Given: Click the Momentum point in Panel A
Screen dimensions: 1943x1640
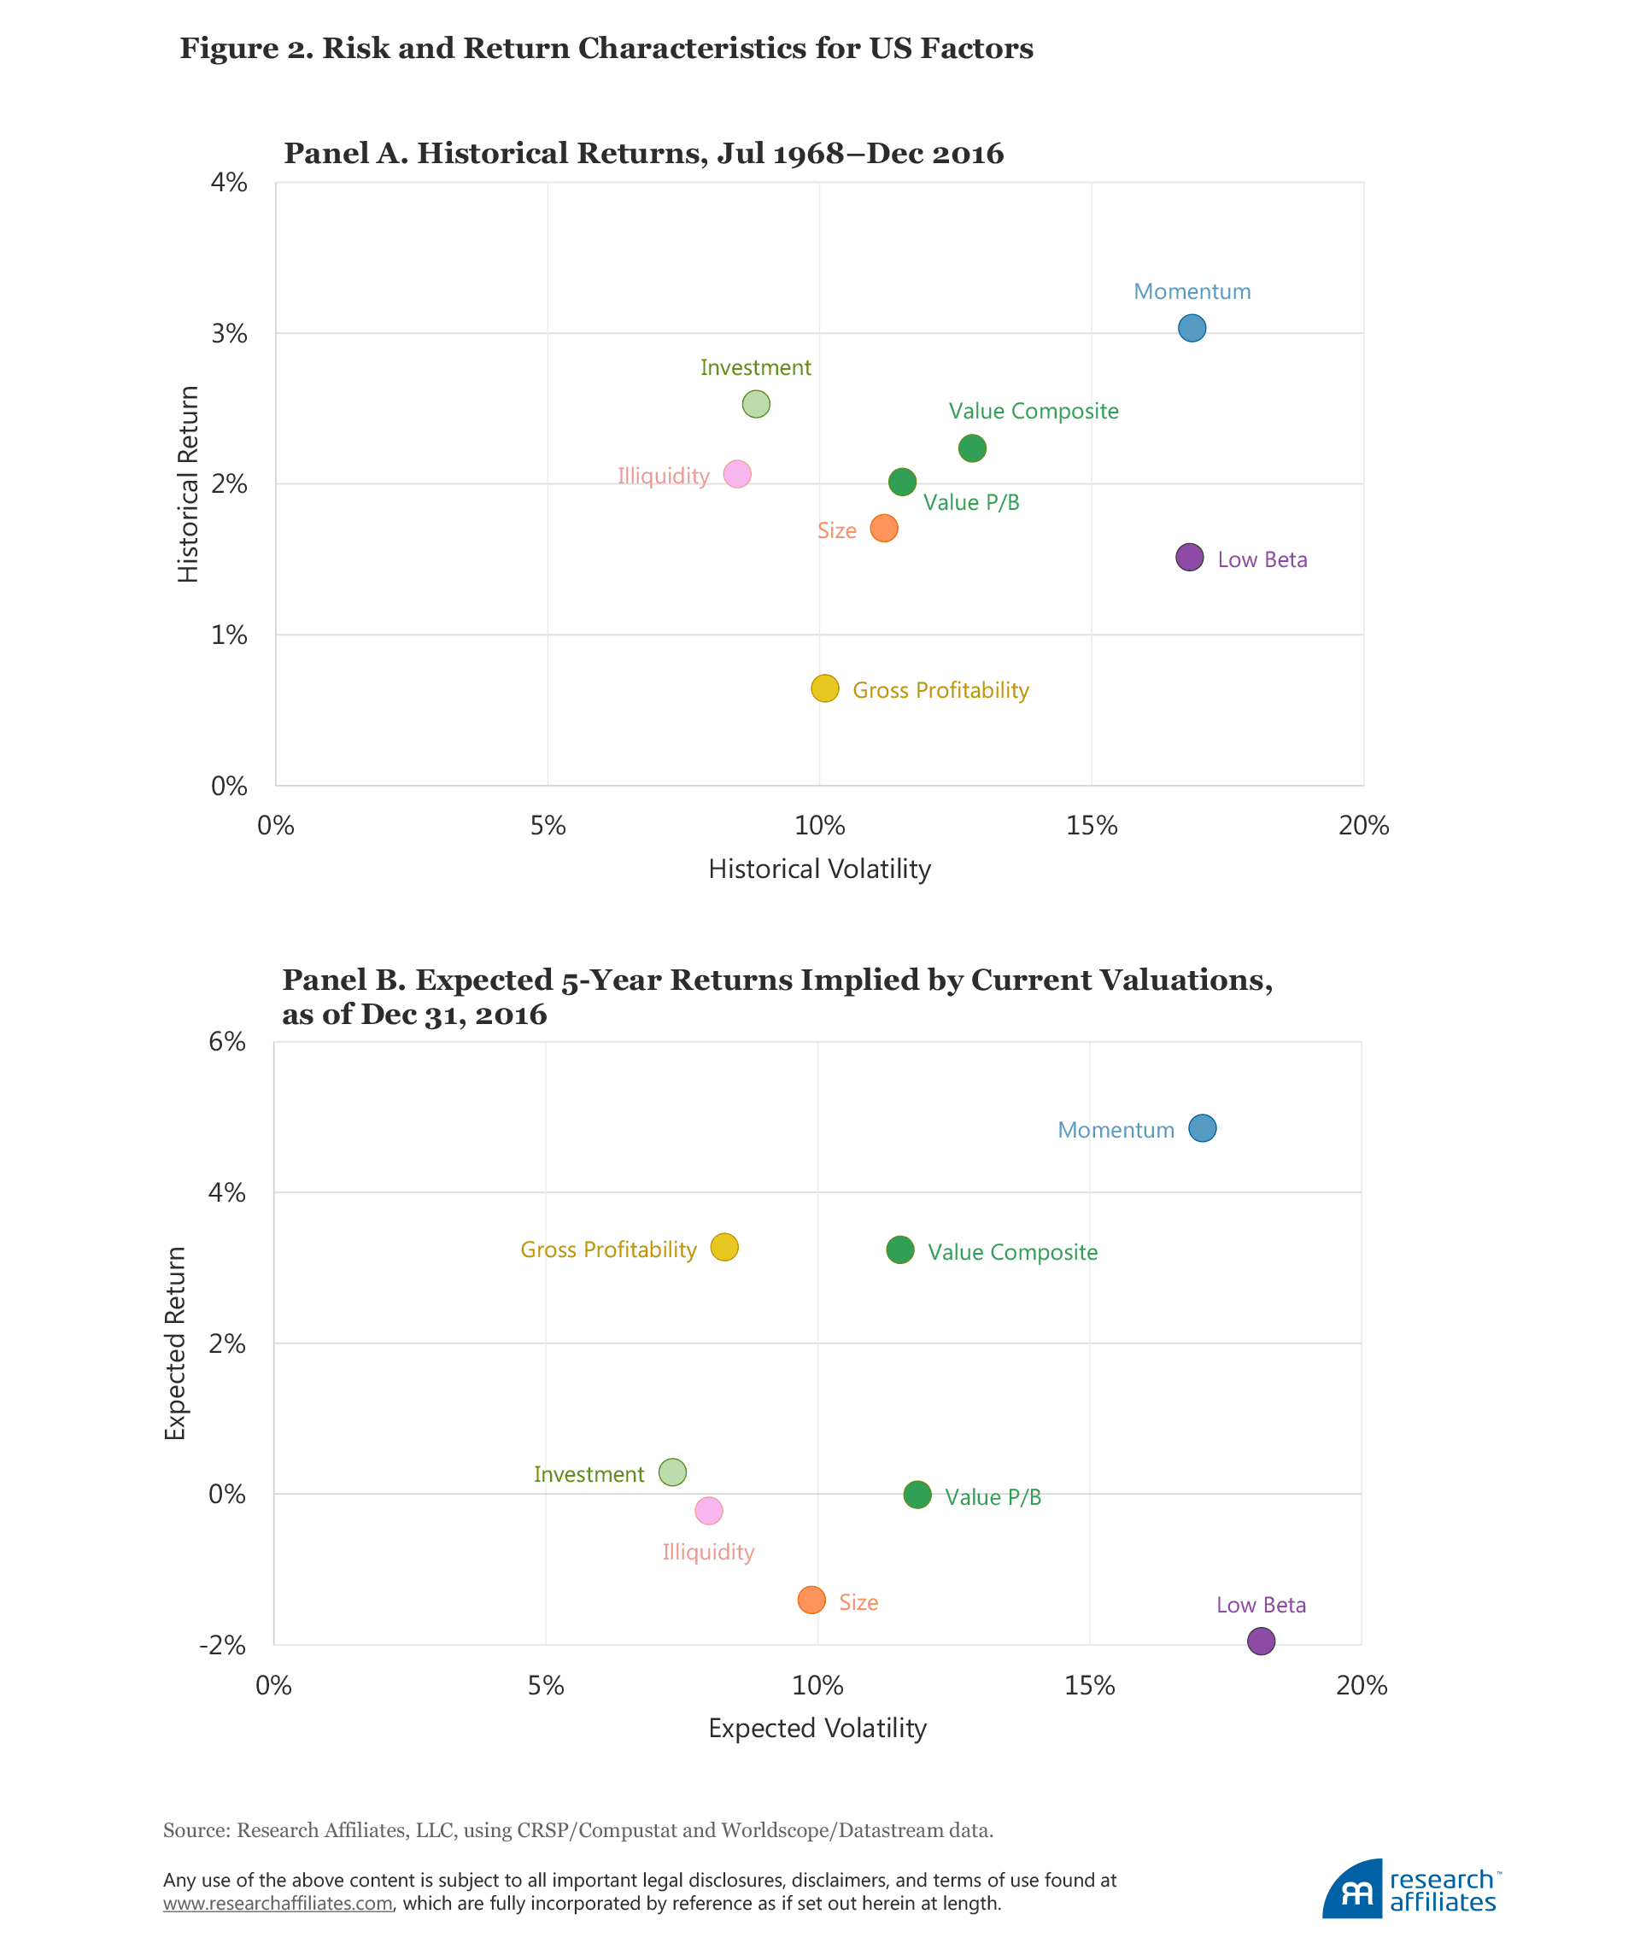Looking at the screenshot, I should [x=1192, y=328].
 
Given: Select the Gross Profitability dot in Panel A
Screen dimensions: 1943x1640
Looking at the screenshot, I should [x=824, y=688].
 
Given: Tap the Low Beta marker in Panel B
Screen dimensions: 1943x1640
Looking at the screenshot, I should [x=1261, y=1641].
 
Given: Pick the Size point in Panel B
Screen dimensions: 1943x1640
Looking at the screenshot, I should [x=811, y=1600].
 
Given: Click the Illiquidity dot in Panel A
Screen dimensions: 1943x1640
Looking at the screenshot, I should [x=737, y=474].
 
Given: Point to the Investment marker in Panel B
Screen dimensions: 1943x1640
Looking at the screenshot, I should [x=672, y=1472].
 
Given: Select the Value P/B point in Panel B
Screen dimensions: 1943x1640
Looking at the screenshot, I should [x=917, y=1495].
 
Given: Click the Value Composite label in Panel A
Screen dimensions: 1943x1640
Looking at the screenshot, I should [x=1033, y=411].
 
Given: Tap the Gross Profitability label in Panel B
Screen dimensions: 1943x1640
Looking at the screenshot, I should [x=608, y=1249].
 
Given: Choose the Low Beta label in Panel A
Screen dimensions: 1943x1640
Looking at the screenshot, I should [x=1262, y=559].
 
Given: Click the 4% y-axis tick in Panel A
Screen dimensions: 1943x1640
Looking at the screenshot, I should [x=229, y=182].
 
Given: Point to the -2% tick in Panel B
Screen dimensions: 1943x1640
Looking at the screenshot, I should [x=223, y=1645].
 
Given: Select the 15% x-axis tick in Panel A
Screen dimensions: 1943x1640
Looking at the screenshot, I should [x=1092, y=826].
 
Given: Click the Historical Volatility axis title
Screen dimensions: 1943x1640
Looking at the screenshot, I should [x=819, y=869].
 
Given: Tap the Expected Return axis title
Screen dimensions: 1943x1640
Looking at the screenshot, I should [x=176, y=1343].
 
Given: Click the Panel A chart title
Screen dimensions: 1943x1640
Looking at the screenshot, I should [x=643, y=154].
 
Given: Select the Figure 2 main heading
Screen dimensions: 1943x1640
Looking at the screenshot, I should [x=606, y=49].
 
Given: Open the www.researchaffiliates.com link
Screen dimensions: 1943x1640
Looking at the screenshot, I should [x=277, y=1903].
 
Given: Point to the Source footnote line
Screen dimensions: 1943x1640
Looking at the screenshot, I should [x=577, y=1829].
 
